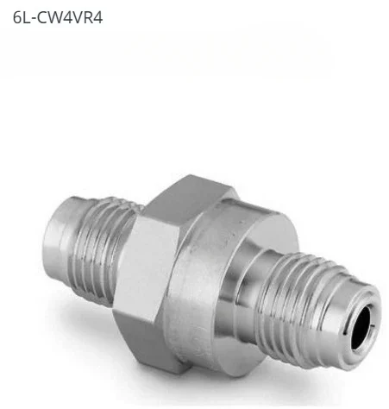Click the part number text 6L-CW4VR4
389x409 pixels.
click(x=58, y=16)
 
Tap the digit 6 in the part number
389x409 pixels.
click(x=16, y=16)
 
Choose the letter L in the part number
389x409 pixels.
click(x=26, y=16)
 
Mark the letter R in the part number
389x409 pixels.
click(x=88, y=16)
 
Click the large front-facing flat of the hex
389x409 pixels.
click(x=155, y=276)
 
